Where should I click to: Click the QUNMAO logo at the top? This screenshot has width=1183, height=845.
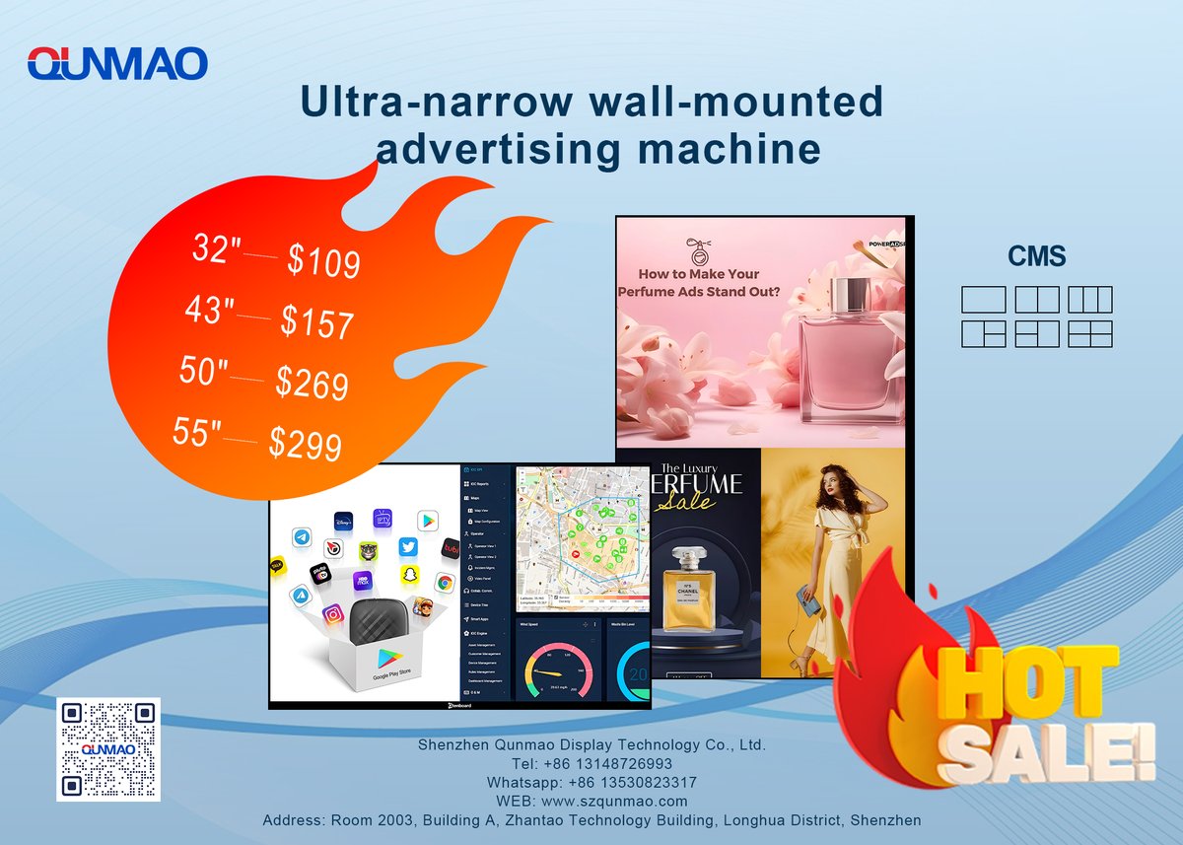117,64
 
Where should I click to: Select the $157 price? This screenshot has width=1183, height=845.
316,320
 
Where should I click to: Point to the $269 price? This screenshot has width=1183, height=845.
312,383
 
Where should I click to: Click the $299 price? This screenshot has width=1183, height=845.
306,445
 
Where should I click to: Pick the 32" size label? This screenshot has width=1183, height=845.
216,248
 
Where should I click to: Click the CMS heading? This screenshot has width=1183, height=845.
1036,257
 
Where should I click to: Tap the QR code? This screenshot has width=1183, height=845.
108,748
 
